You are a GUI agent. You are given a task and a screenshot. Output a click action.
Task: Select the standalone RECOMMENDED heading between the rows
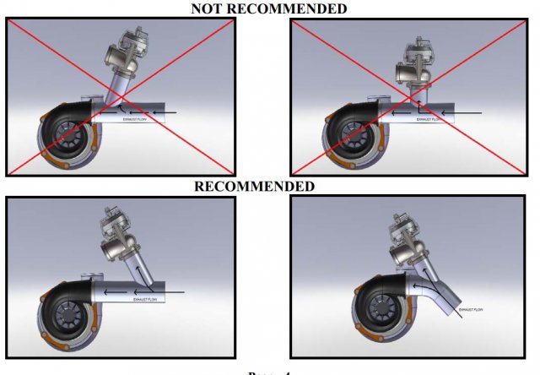point(255,187)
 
